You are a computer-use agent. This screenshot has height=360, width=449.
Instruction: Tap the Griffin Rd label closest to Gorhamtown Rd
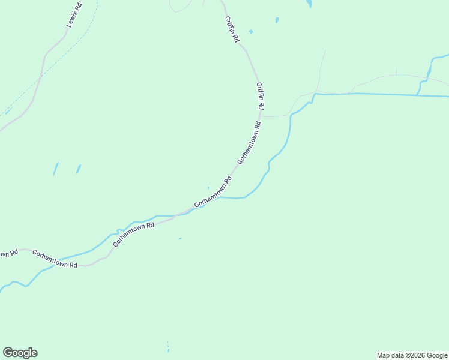pos(260,95)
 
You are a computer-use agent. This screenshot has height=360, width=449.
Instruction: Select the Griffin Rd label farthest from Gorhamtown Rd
pos(232,29)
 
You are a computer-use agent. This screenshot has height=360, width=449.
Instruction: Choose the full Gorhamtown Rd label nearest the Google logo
pos(55,259)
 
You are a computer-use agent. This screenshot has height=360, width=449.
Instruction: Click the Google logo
pos(20,353)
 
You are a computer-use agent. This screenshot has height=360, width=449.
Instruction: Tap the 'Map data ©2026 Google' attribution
pos(412,355)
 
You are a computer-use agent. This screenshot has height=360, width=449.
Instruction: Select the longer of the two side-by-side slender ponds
pos(56,169)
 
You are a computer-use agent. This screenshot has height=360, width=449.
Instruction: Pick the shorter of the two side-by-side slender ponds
pos(78,169)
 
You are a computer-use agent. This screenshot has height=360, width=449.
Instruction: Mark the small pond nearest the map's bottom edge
pos(169,347)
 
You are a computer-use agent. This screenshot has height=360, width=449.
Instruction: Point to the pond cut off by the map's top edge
pos(309,4)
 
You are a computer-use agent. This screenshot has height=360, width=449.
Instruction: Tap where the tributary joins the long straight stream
pos(418,94)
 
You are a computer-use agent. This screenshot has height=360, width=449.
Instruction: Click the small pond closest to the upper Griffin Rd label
pos(250,31)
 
